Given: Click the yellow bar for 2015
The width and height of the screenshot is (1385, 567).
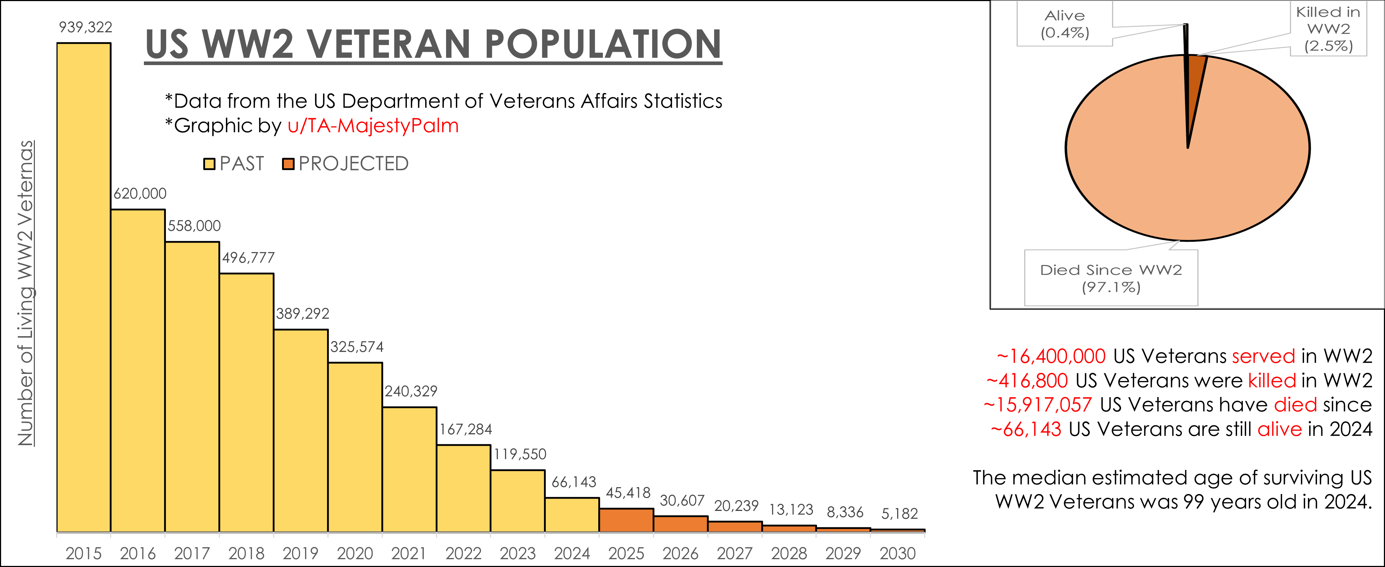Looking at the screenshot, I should pyautogui.click(x=83, y=288).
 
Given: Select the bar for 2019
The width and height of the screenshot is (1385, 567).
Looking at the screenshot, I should pyautogui.click(x=300, y=430).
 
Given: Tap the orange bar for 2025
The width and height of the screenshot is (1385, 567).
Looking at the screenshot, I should pyautogui.click(x=626, y=520).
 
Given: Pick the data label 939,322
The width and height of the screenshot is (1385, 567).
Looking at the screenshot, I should pyautogui.click(x=86, y=27).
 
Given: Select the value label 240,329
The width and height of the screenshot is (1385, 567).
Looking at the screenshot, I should pyautogui.click(x=411, y=391).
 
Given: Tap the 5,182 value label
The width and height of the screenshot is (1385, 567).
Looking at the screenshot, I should pyautogui.click(x=899, y=514).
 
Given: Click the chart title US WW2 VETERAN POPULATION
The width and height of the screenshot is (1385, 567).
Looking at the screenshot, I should pyautogui.click(x=433, y=44).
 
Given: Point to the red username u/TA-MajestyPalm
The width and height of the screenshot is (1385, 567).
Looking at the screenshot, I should pyautogui.click(x=373, y=126).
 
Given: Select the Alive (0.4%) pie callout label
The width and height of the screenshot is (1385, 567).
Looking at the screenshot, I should pyautogui.click(x=1064, y=24).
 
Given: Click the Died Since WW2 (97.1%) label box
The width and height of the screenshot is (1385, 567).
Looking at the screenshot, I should pyautogui.click(x=1111, y=278).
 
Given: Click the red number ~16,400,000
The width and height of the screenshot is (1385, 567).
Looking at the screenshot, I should pyautogui.click(x=1051, y=356).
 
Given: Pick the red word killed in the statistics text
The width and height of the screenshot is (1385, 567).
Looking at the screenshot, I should pyautogui.click(x=1272, y=380).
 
